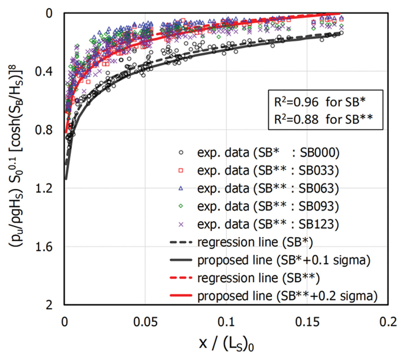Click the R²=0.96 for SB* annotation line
pyautogui.click(x=320, y=102)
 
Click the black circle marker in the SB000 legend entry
pyautogui.click(x=181, y=152)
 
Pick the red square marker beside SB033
pyautogui.click(x=181, y=171)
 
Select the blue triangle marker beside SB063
pyautogui.click(x=181, y=188)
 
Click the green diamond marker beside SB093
pyautogui.click(x=181, y=206)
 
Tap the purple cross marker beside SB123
pyautogui.click(x=181, y=225)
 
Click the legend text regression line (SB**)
pyautogui.click(x=258, y=278)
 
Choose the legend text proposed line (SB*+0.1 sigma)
pyautogui.click(x=284, y=260)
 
